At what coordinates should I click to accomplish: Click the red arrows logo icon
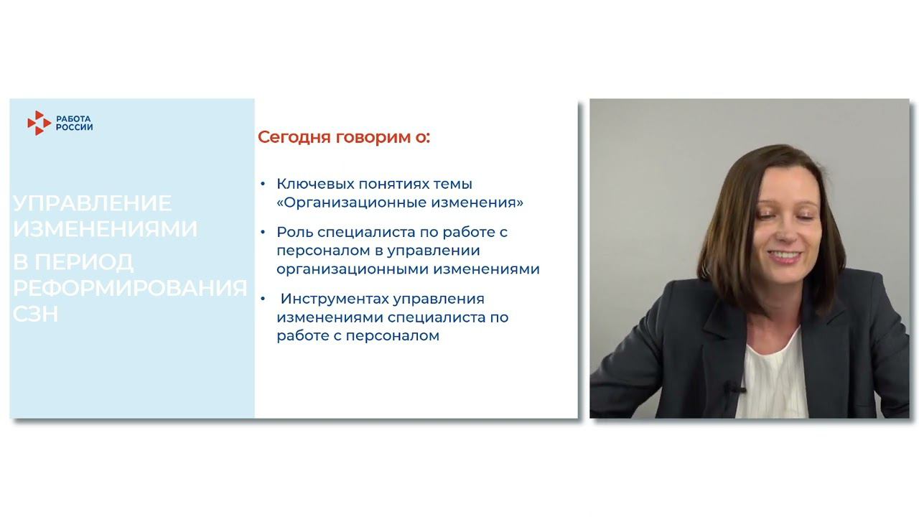click(39, 123)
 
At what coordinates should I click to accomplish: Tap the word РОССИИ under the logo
click(74, 127)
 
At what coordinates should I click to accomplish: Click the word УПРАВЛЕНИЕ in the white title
click(92, 203)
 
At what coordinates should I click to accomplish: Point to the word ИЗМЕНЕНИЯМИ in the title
click(105, 229)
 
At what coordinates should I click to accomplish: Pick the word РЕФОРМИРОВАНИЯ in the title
click(130, 288)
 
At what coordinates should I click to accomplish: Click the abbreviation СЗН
click(35, 314)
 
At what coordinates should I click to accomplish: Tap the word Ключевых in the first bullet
click(310, 184)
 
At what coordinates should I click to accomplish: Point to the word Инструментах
click(331, 298)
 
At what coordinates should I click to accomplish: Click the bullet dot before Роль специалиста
click(263, 232)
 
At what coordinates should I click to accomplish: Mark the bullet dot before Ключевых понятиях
click(263, 184)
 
